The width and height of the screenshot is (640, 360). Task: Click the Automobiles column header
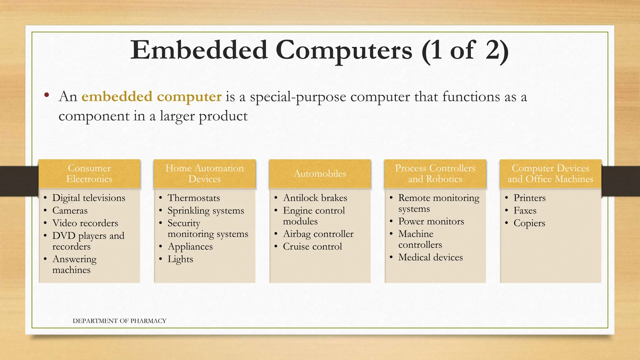[320, 174]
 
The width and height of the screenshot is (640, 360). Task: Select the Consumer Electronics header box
[89, 174]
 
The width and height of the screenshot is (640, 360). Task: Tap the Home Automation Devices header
[205, 174]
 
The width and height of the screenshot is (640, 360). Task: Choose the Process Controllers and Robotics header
[435, 174]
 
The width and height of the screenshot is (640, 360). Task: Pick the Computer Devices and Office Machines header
[550, 174]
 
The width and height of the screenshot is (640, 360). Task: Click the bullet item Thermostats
[194, 198]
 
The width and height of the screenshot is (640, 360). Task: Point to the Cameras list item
[70, 211]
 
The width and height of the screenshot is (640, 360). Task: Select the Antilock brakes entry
[315, 198]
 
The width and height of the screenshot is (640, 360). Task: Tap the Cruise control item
[312, 247]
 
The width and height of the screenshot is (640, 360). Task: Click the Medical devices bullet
[430, 257]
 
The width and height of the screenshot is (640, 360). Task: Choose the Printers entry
[530, 198]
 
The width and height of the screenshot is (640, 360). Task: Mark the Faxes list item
[525, 211]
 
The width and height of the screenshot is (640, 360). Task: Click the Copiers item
[529, 223]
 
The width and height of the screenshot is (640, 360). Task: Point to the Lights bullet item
[180, 259]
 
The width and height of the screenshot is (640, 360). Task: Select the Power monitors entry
[431, 222]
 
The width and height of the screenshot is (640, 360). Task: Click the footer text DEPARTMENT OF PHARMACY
[119, 321]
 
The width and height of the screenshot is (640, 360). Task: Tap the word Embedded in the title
[199, 51]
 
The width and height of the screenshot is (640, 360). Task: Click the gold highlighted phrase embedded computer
[152, 97]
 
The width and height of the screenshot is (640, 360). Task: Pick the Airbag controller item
[318, 234]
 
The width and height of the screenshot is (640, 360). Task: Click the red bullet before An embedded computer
[47, 95]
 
